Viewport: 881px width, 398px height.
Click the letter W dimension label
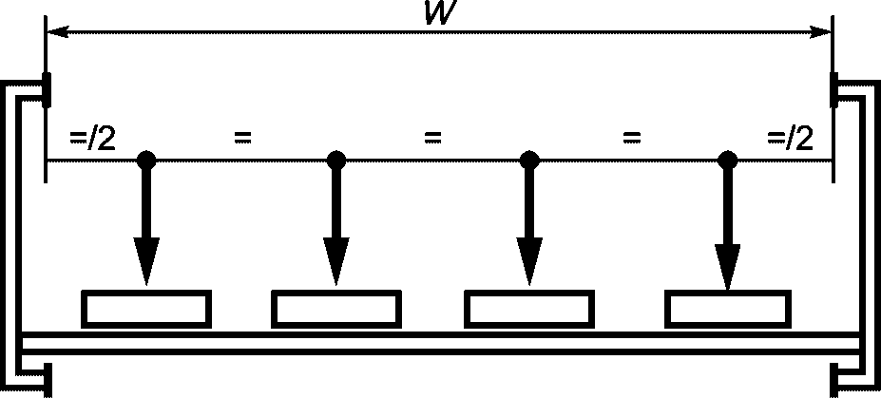(x=441, y=13)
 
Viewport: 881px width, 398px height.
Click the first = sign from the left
(x=242, y=137)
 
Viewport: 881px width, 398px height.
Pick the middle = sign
(x=432, y=137)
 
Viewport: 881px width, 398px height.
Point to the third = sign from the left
(x=632, y=137)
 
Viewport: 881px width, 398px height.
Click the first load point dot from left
(x=146, y=161)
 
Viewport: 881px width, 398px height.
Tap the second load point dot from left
(x=336, y=161)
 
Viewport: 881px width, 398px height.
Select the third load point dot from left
(x=529, y=161)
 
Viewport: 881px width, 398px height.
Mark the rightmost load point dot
(x=728, y=161)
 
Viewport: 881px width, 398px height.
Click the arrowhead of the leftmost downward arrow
(x=146, y=261)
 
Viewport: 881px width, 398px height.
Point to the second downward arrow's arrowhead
(x=336, y=261)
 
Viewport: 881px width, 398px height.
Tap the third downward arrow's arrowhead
(x=529, y=261)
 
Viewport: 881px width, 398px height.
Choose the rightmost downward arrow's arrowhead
(x=728, y=267)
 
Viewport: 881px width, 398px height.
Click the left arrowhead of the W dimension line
(x=57, y=32)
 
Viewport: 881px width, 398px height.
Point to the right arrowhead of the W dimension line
(x=820, y=32)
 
